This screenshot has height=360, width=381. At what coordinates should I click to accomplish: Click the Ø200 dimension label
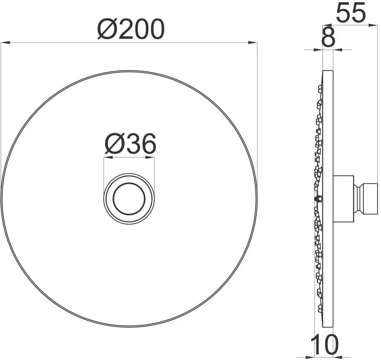tap(130, 29)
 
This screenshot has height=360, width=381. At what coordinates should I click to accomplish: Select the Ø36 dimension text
tap(130, 144)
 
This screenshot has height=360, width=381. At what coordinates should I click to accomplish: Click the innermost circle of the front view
tap(129, 199)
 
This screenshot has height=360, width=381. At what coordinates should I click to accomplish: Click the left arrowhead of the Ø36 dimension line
tap(107, 157)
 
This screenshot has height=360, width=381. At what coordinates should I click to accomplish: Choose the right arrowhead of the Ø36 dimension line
tap(151, 157)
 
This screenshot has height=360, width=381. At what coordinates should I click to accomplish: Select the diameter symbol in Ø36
tap(114, 145)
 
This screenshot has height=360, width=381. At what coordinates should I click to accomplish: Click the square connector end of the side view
tap(370, 199)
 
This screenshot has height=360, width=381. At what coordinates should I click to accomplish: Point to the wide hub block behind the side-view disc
tap(343, 198)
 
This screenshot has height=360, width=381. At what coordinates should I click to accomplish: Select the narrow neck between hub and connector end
tap(357, 199)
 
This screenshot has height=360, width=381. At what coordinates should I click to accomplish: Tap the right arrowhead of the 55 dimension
tap(375, 25)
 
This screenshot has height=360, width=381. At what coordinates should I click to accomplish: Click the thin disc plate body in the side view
tap(327, 261)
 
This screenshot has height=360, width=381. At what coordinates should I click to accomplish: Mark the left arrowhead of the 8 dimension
tap(319, 50)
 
